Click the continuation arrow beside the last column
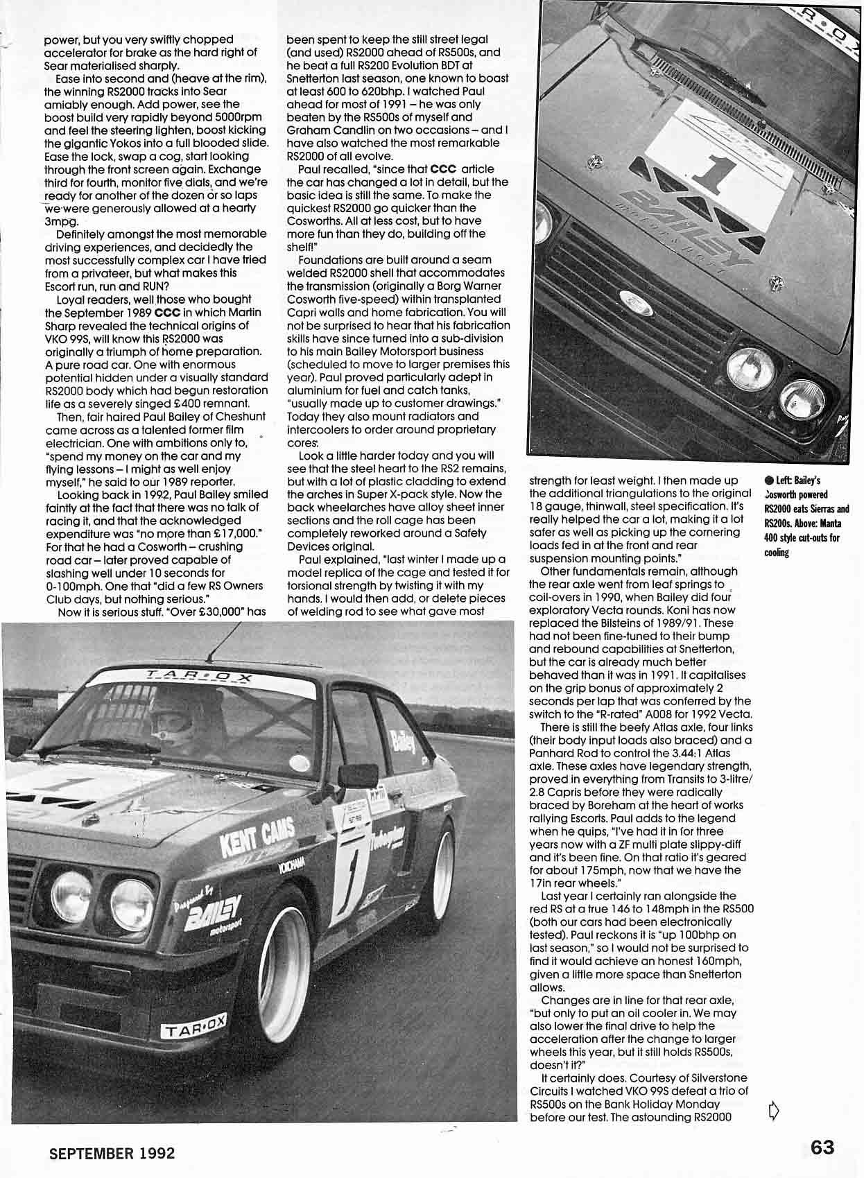click(x=775, y=1111)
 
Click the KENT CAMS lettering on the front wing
click(x=257, y=835)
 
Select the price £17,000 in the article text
click(x=231, y=532)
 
